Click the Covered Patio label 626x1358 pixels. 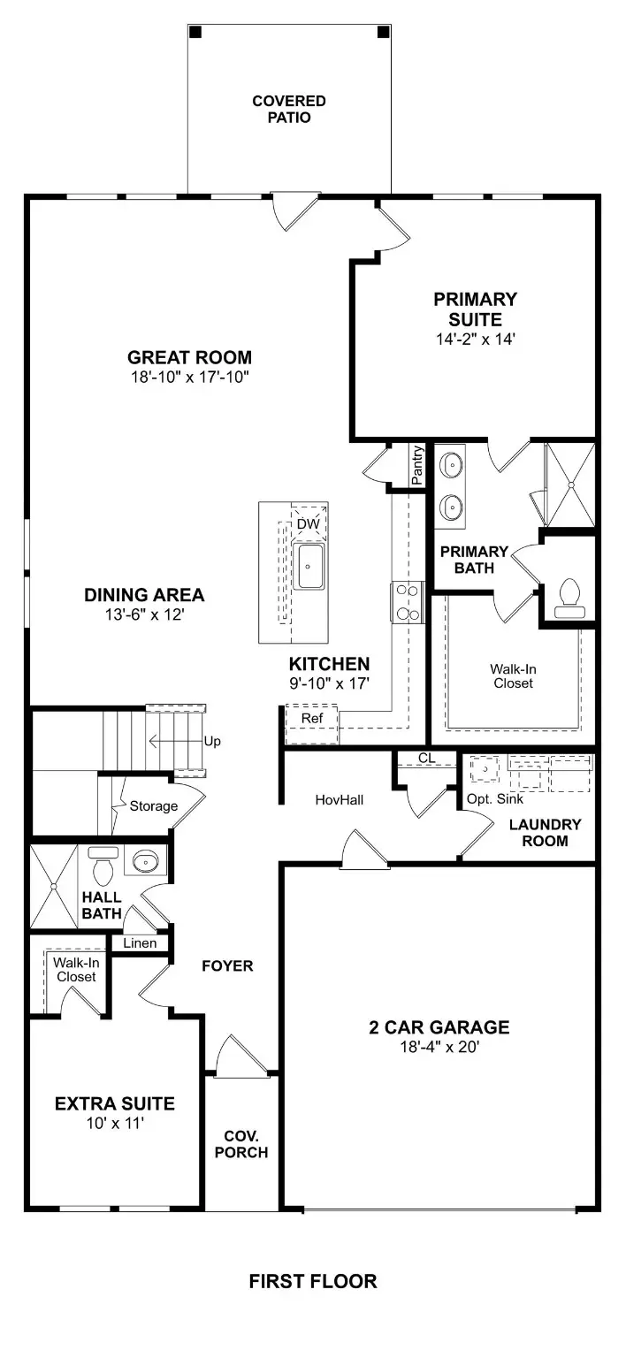pyautogui.click(x=288, y=109)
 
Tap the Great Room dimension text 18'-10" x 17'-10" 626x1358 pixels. pyautogui.click(x=189, y=377)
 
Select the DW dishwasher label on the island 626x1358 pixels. pyautogui.click(x=307, y=524)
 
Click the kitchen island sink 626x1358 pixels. pyautogui.click(x=309, y=566)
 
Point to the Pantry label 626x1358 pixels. pyautogui.click(x=417, y=466)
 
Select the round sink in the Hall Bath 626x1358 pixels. pyautogui.click(x=143, y=859)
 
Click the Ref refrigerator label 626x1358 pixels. pyautogui.click(x=311, y=718)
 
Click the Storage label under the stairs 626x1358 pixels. pyautogui.click(x=153, y=805)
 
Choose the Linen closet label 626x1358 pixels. pyautogui.click(x=140, y=943)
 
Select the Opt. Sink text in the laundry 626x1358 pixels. pyautogui.click(x=495, y=798)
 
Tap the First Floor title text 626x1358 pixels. pyautogui.click(x=312, y=1280)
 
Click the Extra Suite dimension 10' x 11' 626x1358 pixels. pyautogui.click(x=114, y=1123)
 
